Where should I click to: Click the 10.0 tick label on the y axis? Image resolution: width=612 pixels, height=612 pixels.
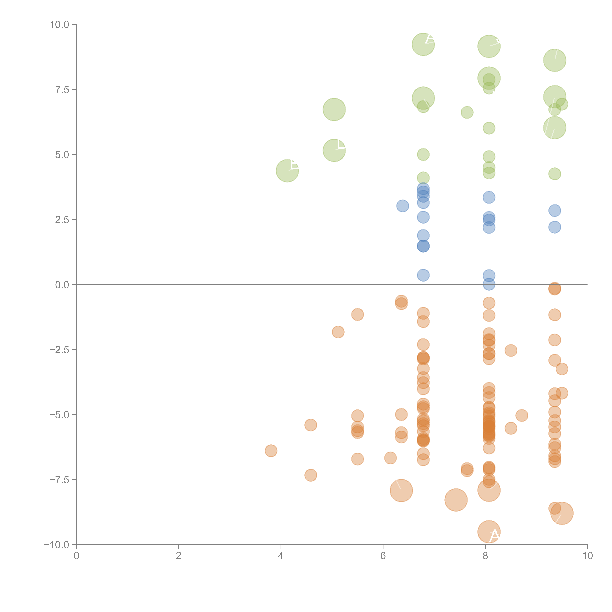coord(60,25)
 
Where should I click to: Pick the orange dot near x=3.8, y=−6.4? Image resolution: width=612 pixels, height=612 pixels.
coord(271,451)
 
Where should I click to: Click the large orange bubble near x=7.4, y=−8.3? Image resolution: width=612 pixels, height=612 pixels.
coord(456,500)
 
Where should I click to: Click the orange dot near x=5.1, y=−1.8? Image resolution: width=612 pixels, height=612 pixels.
coord(338,332)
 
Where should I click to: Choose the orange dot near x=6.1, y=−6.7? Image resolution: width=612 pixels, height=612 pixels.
coord(390,458)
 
